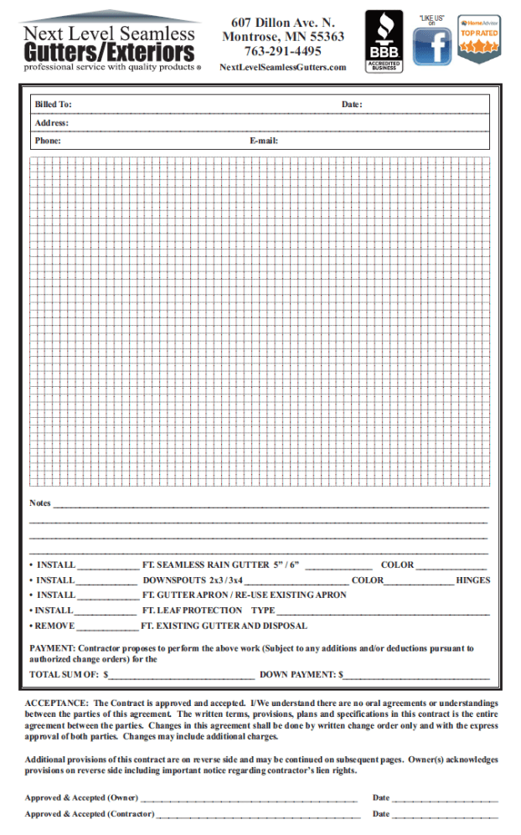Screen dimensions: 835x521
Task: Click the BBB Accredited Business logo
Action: [x=384, y=41]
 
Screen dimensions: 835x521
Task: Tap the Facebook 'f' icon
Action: [x=431, y=46]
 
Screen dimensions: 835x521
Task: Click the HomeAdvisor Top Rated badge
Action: [x=478, y=39]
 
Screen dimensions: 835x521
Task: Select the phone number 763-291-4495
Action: [x=282, y=51]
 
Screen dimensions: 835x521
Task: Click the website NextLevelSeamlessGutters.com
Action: [x=282, y=67]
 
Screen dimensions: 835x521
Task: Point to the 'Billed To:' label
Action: [x=53, y=105]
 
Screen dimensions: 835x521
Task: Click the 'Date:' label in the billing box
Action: [x=352, y=105]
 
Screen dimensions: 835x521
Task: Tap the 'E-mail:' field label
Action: [x=264, y=141]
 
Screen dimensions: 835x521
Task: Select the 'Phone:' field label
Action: [x=48, y=141]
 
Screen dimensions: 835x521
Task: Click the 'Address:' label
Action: [x=52, y=123]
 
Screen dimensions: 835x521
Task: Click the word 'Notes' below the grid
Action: [x=40, y=503]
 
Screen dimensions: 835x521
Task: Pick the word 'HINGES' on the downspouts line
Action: [x=473, y=580]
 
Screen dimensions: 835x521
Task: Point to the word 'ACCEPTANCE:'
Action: [x=56, y=703]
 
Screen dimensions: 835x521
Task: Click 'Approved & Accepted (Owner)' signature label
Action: [x=81, y=798]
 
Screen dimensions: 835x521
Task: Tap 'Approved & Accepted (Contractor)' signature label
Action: [x=89, y=813]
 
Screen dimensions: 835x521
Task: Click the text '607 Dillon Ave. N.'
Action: [x=282, y=23]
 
